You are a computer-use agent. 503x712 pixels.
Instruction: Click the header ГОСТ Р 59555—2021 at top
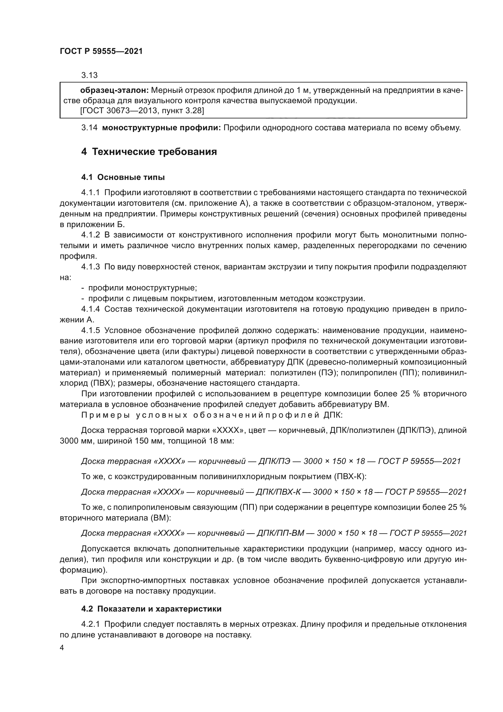click(101, 51)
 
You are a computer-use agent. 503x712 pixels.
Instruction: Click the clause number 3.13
click(89, 75)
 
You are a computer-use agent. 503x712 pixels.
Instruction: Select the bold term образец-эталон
click(115, 90)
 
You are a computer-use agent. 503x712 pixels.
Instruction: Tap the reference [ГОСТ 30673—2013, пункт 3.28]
click(142, 111)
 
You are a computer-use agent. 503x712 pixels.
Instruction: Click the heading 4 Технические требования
click(149, 152)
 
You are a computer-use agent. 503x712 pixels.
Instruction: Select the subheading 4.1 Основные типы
click(123, 177)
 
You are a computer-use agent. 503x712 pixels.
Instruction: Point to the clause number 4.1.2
click(90, 235)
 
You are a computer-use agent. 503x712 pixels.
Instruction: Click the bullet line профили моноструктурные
click(142, 288)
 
